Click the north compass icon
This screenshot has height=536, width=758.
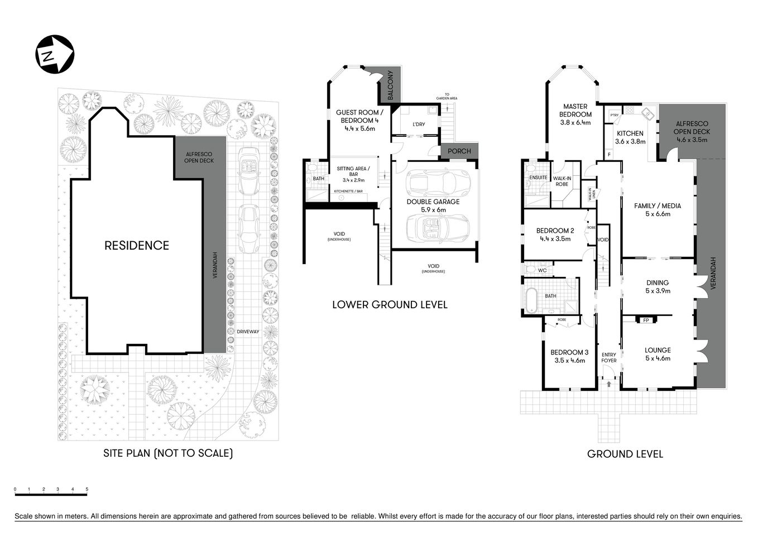tap(55, 54)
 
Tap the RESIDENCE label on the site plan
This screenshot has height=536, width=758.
tap(137, 245)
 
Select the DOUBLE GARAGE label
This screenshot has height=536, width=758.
tap(433, 202)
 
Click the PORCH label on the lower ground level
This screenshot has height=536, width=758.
tap(459, 151)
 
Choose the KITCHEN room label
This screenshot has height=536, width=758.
tap(630, 133)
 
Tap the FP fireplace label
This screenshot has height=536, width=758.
tap(646, 320)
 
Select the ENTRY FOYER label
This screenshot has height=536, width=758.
tap(608, 357)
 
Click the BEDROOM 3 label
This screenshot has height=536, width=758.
tap(569, 352)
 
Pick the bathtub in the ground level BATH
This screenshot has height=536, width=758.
tap(532, 302)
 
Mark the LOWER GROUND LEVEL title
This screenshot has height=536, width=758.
tap(390, 305)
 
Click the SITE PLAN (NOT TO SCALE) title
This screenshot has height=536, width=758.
tap(168, 453)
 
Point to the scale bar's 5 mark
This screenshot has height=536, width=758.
tap(87, 489)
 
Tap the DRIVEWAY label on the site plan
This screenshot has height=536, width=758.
tap(248, 332)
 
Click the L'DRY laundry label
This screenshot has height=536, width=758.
tap(418, 124)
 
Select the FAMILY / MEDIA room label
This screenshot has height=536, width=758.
tap(658, 205)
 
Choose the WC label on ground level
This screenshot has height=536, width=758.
tap(542, 270)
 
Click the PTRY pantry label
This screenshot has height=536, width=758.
tap(614, 115)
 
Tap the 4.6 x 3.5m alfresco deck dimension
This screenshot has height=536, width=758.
tap(692, 140)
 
